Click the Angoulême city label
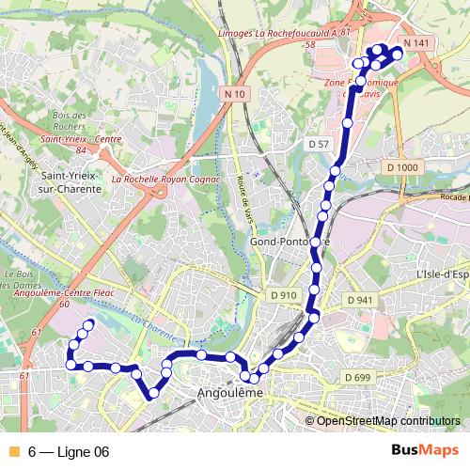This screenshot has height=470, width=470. tap(227, 393)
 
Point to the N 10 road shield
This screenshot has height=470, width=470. tap(235, 93)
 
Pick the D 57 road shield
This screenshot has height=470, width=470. tap(319, 144)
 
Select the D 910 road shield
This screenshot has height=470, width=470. tap(283, 295)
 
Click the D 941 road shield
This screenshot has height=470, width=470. tap(359, 300)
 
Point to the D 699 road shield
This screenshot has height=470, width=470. tap(357, 377)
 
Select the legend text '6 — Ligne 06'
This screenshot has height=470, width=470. tap(69, 452)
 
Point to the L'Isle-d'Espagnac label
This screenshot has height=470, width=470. tap(442, 274)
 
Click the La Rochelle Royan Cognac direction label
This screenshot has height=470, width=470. tap(164, 178)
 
